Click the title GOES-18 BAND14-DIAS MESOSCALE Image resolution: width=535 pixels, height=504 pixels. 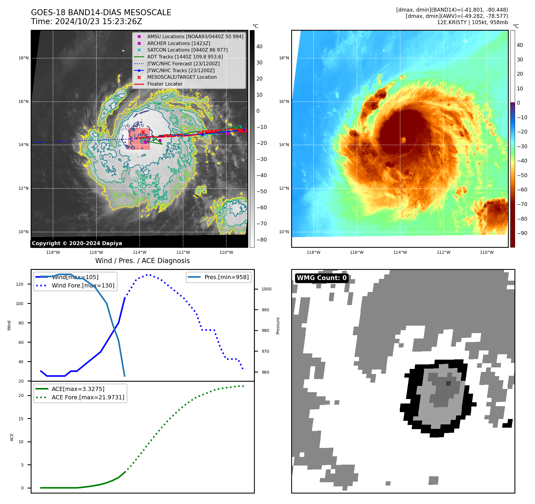(101, 13)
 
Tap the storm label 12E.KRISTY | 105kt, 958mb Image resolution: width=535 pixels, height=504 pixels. (472, 22)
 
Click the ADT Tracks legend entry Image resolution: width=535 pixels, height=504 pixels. (185, 57)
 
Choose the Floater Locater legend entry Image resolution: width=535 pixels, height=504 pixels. (165, 84)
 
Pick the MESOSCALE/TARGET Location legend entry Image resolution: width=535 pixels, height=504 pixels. (182, 77)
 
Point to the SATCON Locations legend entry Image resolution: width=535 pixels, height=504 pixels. (187, 50)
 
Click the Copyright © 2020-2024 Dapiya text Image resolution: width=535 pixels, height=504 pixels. (77, 243)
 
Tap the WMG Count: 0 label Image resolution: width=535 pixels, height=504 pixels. (322, 278)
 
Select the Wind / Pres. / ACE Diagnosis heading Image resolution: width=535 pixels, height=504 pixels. (142, 261)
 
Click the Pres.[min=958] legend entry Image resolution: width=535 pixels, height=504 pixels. (226, 277)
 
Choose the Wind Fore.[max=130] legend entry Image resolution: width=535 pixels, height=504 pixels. (83, 285)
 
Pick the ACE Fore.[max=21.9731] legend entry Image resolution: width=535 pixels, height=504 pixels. (88, 397)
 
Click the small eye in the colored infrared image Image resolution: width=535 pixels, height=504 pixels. (403, 140)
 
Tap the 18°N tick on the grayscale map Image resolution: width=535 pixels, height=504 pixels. (24, 58)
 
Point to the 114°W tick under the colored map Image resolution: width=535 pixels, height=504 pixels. (400, 252)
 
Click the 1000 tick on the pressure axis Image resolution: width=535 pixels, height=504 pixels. (266, 289)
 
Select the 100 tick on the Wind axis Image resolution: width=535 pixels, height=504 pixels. (20, 304)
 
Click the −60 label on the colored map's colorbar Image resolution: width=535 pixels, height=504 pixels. (522, 190)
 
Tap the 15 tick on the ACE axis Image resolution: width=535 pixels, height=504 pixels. (21, 419)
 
